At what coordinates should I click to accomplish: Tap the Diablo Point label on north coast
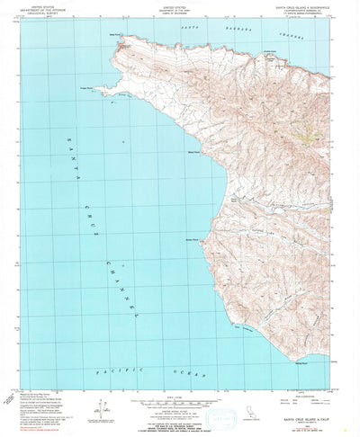point(267,51)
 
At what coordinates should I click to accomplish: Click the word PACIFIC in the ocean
point(112,370)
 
